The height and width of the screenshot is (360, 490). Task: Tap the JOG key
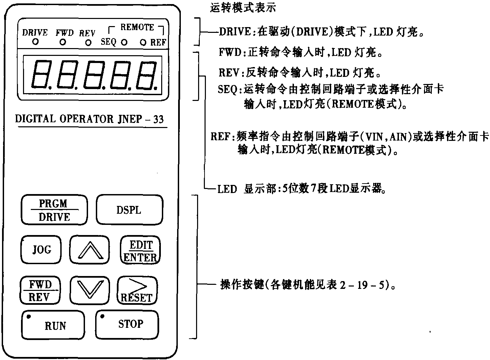[41, 250]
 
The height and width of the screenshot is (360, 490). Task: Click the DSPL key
[129, 210]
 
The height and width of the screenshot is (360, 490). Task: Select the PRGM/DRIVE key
[54, 210]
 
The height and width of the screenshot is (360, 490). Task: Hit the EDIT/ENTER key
[140, 251]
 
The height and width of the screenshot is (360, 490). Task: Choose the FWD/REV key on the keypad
[40, 291]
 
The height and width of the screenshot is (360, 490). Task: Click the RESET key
[137, 291]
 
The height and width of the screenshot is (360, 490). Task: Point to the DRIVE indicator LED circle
[35, 42]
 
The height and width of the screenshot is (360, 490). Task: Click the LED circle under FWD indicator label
[63, 42]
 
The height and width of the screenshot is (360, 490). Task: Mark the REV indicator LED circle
[88, 43]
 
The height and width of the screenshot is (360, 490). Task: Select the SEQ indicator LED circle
[124, 42]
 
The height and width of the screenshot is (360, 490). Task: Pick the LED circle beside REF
[143, 42]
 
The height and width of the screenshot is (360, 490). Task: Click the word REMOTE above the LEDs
[137, 27]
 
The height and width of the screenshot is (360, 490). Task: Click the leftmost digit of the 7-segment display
[40, 75]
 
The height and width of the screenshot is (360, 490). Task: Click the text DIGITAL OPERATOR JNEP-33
[89, 119]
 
